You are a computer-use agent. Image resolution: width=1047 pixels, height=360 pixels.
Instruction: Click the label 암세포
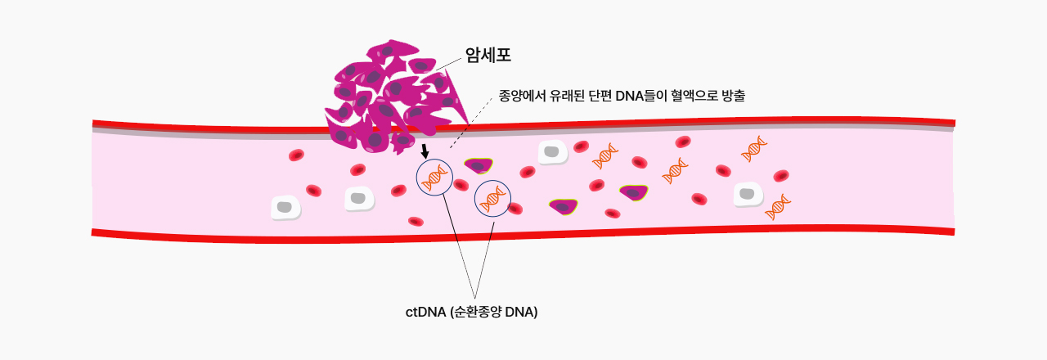pyautogui.click(x=488, y=55)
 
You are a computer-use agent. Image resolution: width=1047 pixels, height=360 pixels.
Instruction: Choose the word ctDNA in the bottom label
pyautogui.click(x=425, y=312)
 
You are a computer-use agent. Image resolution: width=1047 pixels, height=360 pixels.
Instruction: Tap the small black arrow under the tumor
pyautogui.click(x=425, y=151)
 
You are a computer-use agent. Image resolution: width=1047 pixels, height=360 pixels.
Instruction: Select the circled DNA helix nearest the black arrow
pyautogui.click(x=434, y=178)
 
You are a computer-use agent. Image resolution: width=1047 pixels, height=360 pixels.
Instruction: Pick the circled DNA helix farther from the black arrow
pyautogui.click(x=492, y=199)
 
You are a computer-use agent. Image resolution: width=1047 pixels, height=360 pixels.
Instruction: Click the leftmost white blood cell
pyautogui.click(x=285, y=208)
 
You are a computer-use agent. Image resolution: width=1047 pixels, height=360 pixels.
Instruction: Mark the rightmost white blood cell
pyautogui.click(x=748, y=195)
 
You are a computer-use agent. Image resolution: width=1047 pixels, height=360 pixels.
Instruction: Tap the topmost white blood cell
pyautogui.click(x=552, y=152)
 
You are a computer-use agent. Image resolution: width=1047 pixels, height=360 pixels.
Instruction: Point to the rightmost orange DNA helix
pyautogui.click(x=777, y=207)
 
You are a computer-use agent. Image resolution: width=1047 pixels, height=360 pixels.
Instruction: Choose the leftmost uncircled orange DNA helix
pyautogui.click(x=604, y=156)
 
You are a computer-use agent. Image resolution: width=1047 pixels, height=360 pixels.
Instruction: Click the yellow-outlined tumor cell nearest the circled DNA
pyautogui.click(x=479, y=165)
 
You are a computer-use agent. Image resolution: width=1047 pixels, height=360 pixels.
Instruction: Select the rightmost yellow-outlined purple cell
pyautogui.click(x=634, y=192)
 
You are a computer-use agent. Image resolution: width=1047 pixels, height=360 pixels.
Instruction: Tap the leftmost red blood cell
pyautogui.click(x=296, y=155)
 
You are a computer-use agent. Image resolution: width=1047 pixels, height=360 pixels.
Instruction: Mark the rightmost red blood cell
pyautogui.click(x=781, y=176)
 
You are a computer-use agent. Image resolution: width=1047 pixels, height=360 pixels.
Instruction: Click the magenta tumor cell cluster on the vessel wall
pyautogui.click(x=395, y=98)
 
